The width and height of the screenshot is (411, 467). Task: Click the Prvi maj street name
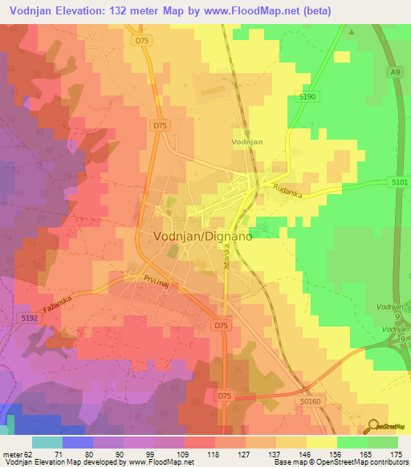158,282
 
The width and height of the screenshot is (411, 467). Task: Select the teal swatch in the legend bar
47,442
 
